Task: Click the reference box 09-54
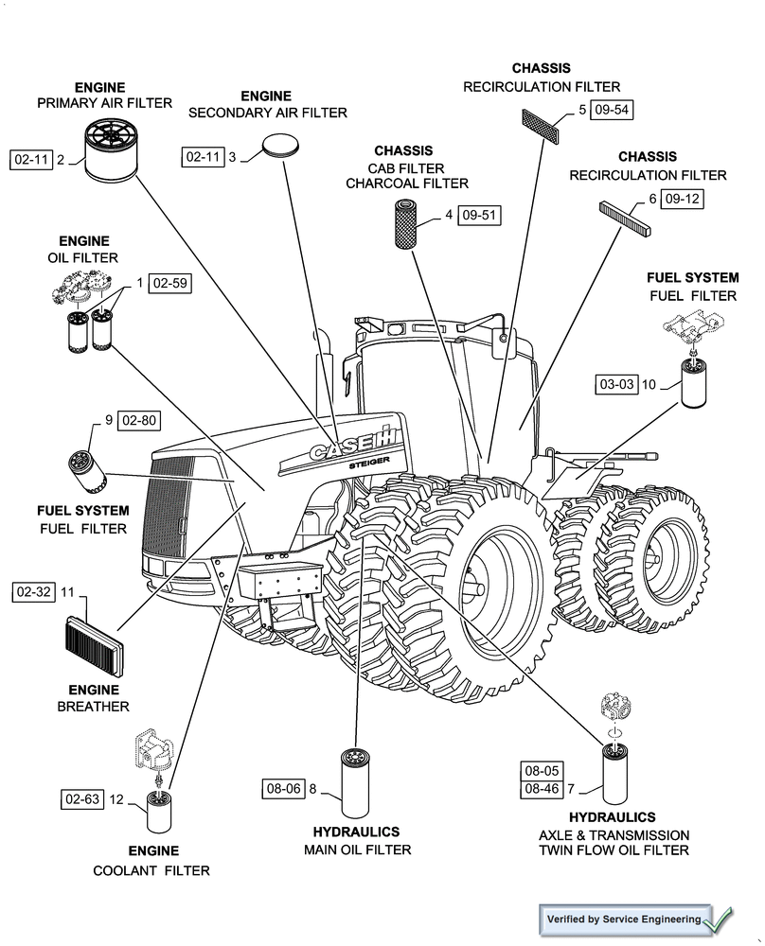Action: [612, 110]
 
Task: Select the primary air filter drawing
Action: [112, 149]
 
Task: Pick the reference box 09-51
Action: [480, 216]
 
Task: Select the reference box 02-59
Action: [170, 283]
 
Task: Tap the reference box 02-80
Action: [138, 420]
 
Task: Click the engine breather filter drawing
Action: [93, 645]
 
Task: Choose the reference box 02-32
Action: [33, 592]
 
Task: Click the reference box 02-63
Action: [82, 799]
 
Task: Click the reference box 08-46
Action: [541, 788]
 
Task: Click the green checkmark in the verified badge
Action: [717, 918]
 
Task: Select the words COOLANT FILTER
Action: [151, 870]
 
